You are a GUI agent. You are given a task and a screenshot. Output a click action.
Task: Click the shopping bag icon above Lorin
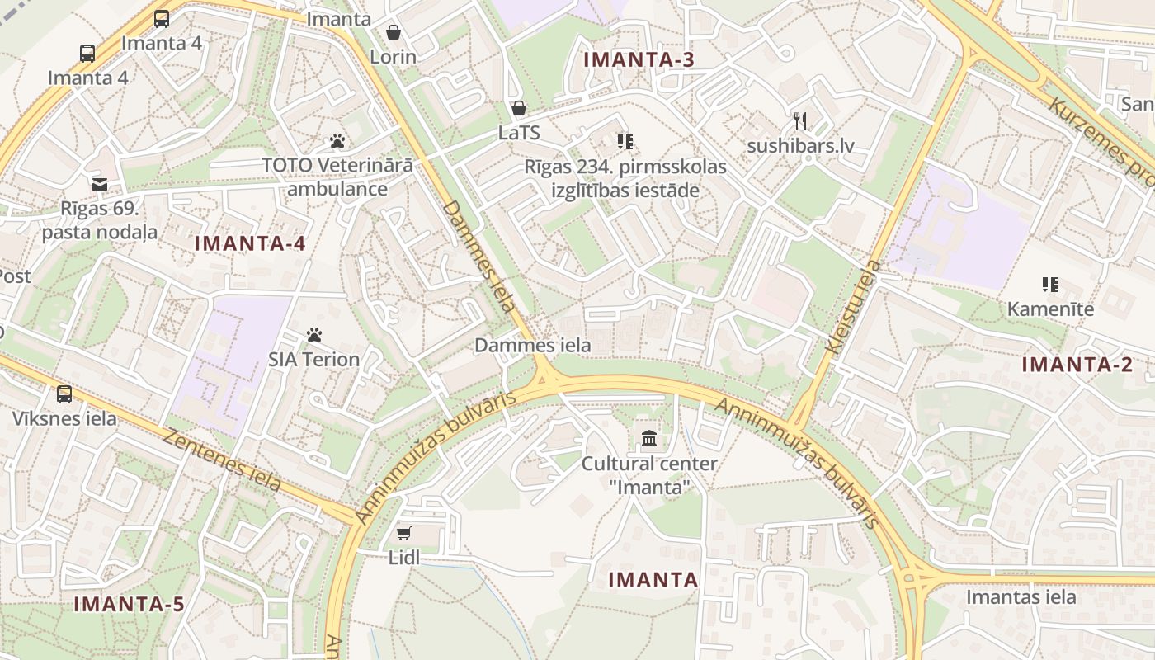click(x=394, y=32)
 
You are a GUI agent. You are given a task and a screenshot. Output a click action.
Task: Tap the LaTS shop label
click(x=519, y=133)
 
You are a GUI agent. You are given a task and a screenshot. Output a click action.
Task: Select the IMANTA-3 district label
click(x=639, y=59)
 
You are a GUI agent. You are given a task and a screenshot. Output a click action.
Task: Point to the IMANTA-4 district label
click(x=250, y=243)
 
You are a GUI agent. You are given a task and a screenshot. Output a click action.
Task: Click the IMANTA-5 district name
click(x=129, y=604)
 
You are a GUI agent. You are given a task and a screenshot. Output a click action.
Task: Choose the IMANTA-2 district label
click(x=1077, y=365)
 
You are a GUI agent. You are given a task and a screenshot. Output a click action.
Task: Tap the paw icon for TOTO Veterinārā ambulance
click(x=337, y=140)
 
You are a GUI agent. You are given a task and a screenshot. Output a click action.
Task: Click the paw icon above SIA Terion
click(x=314, y=335)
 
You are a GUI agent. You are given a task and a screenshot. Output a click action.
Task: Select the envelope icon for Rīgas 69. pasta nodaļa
click(x=100, y=184)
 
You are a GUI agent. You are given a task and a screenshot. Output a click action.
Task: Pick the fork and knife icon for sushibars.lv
click(x=799, y=121)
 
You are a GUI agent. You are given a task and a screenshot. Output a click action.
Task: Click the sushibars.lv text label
click(x=799, y=147)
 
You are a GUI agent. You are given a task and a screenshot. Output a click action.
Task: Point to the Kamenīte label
click(x=1050, y=309)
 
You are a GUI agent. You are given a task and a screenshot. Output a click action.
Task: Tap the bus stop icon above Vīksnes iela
click(x=64, y=394)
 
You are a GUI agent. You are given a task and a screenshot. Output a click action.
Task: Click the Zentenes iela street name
click(x=222, y=460)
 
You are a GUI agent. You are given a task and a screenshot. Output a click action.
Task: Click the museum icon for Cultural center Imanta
click(x=649, y=438)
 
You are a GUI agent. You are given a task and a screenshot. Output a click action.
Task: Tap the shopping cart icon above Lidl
click(x=403, y=533)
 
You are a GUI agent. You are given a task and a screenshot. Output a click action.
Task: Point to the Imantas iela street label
click(x=1021, y=596)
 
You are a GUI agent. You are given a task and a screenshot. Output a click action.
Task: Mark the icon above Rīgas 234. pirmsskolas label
click(x=625, y=142)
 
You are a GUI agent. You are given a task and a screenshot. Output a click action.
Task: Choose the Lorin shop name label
click(x=393, y=57)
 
